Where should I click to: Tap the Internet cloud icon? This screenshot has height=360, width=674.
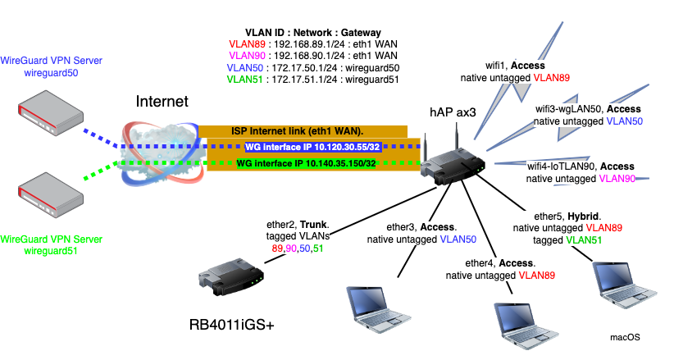pyautogui.click(x=160, y=151)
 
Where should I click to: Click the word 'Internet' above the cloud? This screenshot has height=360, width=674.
pyautogui.click(x=162, y=102)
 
